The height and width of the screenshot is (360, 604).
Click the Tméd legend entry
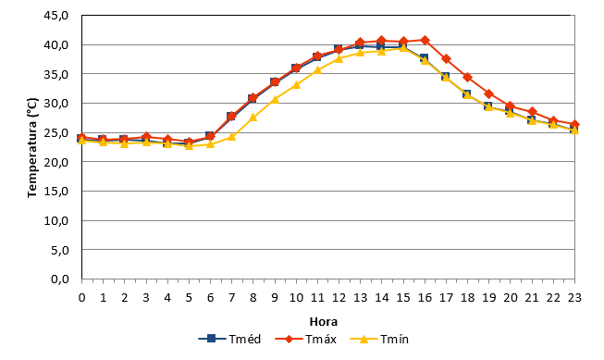[229, 340]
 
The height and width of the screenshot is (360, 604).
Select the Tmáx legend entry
[306, 340]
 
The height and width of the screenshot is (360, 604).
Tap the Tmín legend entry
[379, 340]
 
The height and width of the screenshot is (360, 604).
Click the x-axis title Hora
[324, 321]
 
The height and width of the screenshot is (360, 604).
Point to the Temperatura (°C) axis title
[32, 148]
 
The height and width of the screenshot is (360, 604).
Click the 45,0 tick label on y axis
[56, 16]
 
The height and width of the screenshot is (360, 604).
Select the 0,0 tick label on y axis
[60, 279]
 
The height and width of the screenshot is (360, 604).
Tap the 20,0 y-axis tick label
[56, 162]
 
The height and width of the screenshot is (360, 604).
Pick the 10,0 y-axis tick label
[56, 220]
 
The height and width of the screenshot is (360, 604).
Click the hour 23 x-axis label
[574, 298]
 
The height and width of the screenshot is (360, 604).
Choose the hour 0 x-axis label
[81, 298]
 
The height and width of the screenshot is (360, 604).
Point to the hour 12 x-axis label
[339, 298]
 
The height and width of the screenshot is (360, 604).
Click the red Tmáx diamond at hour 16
[425, 40]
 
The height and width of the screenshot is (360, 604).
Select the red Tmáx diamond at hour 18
[468, 77]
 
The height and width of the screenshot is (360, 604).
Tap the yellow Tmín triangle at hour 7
[231, 136]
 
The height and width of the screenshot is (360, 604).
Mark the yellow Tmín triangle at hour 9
[275, 99]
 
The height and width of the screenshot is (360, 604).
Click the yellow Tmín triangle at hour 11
[317, 69]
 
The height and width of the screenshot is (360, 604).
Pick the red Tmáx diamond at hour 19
[489, 93]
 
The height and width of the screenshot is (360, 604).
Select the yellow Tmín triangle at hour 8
[253, 118]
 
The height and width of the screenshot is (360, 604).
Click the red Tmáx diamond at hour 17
[446, 59]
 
